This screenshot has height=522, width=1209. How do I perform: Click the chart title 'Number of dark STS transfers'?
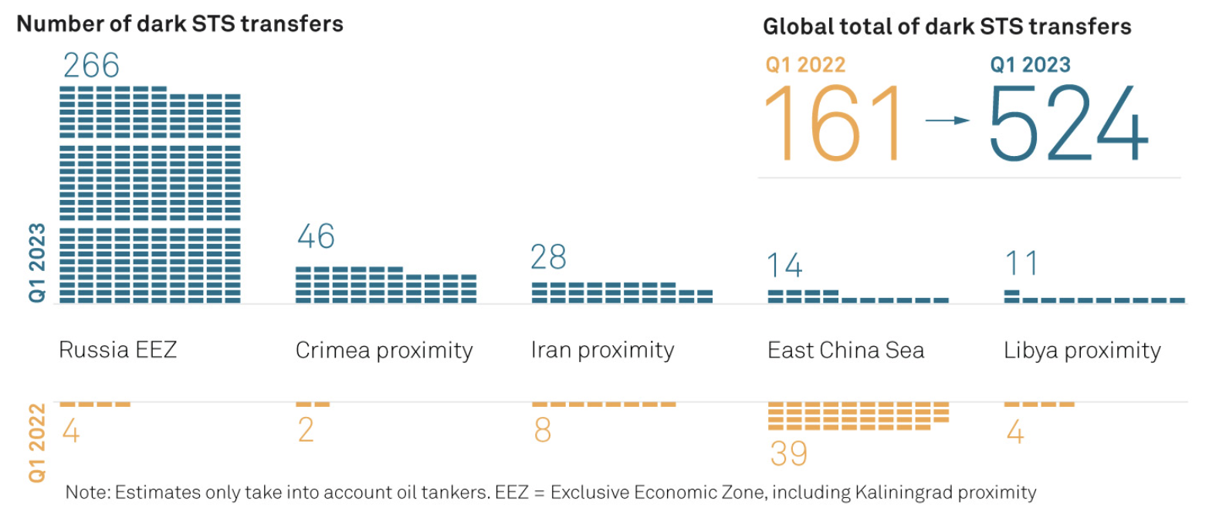(180, 24)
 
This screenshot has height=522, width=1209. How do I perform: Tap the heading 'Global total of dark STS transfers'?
(947, 27)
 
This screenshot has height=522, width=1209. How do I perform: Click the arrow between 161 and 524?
(948, 120)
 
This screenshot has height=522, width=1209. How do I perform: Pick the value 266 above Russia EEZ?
(91, 66)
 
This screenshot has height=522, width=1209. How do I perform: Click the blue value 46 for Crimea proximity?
(316, 237)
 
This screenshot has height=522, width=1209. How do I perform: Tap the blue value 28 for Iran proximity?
(549, 257)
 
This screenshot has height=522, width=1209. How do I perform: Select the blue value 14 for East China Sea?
(784, 266)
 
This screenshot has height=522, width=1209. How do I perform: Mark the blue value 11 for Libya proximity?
(1021, 264)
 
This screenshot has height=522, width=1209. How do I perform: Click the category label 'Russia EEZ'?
(118, 351)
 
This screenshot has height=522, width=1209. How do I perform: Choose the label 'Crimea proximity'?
(384, 351)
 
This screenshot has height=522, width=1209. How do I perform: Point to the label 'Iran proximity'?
(602, 351)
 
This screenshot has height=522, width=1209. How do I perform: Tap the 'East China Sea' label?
(845, 351)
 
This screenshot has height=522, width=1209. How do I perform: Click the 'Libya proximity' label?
(1082, 351)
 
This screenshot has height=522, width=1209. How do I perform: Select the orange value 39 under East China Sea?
(788, 454)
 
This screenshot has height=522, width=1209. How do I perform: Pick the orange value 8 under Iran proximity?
(543, 431)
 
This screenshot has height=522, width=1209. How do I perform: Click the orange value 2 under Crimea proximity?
(306, 431)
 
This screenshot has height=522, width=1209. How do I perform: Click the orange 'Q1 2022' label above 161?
(805, 66)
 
